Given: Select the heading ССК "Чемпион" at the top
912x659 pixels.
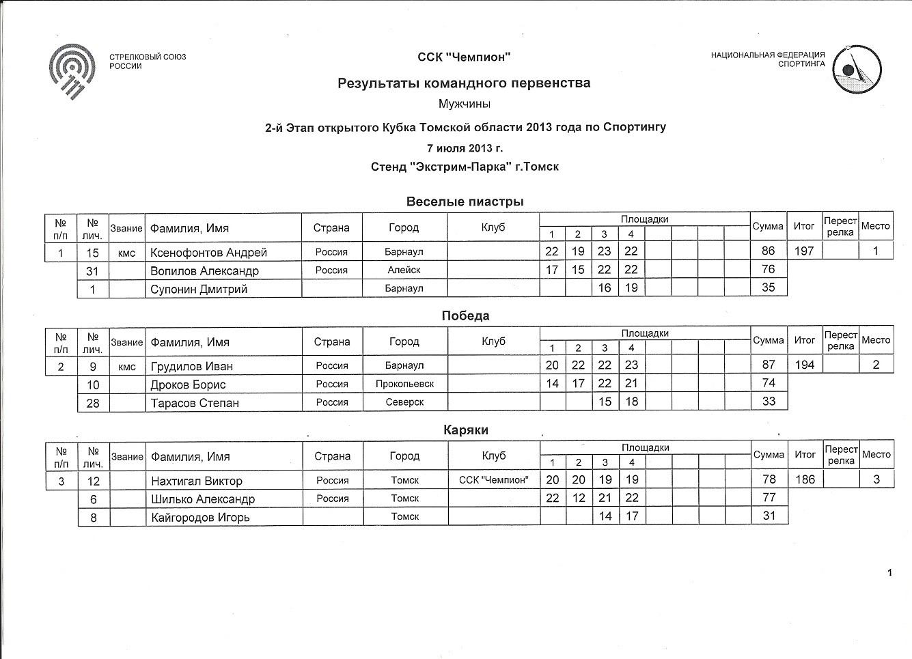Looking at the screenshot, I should pyautogui.click(x=464, y=57).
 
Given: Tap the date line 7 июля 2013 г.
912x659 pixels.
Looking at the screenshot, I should pyautogui.click(x=465, y=148).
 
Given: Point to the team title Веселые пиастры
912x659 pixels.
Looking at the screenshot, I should pyautogui.click(x=465, y=201).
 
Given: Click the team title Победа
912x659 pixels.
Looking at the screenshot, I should pyautogui.click(x=465, y=316).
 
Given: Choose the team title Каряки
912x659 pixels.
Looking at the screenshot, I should pyautogui.click(x=465, y=430).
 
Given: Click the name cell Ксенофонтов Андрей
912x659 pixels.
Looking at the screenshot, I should pyautogui.click(x=208, y=252).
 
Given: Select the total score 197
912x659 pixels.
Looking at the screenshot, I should pyautogui.click(x=804, y=251).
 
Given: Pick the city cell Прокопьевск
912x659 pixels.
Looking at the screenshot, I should pyautogui.click(x=404, y=384).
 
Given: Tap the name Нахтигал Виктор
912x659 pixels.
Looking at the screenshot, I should pyautogui.click(x=197, y=481).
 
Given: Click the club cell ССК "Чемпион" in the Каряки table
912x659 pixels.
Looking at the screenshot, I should pyautogui.click(x=493, y=480).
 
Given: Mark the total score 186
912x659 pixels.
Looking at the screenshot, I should pyautogui.click(x=805, y=479).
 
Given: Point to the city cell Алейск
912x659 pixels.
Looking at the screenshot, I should pyautogui.click(x=404, y=270).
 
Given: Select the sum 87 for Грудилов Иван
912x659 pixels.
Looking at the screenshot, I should pyautogui.click(x=769, y=365).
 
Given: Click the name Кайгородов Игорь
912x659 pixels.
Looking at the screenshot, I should pyautogui.click(x=200, y=517).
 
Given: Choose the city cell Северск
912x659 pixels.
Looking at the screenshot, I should pyautogui.click(x=404, y=402).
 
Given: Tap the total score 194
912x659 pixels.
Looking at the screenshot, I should pyautogui.click(x=805, y=365).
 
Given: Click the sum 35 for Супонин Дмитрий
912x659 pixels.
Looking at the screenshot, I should pyautogui.click(x=769, y=288).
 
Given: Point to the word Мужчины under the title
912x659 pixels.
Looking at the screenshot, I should pyautogui.click(x=465, y=104).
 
